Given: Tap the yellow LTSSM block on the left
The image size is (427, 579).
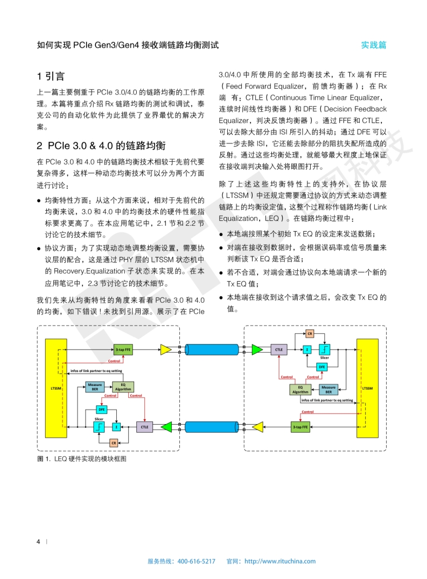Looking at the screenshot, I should click(56, 388).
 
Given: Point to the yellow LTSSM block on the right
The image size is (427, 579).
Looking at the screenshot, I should click(368, 388).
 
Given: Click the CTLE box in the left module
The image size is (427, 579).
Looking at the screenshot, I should click(144, 427).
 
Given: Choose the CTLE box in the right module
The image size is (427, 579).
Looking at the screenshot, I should click(279, 350).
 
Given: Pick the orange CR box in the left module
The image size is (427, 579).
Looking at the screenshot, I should click(114, 443).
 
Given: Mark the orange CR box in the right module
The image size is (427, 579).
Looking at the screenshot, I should click(310, 333).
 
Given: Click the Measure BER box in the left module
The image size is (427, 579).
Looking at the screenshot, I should click(95, 387).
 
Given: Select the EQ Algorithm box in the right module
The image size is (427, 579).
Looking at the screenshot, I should click(300, 389).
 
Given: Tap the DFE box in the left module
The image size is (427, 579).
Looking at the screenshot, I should click(101, 409).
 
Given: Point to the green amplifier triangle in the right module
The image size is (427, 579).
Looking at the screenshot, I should click(257, 350).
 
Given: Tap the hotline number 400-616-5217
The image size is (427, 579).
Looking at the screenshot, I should click(196, 561).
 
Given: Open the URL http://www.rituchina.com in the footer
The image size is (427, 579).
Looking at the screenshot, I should click(280, 561).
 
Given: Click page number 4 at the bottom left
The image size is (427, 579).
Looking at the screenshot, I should click(38, 541).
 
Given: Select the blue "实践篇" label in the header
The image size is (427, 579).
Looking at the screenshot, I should click(374, 45).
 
